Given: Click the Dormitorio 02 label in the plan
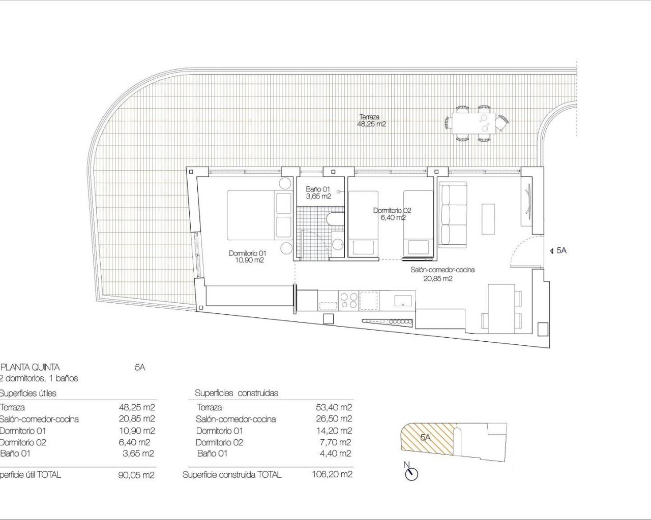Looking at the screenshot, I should (392, 214).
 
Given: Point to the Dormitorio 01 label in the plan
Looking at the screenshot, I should (247, 256).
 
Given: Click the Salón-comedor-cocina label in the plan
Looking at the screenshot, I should (442, 274).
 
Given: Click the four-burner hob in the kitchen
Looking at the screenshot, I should (348, 300).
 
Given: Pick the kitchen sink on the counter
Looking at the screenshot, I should (403, 300).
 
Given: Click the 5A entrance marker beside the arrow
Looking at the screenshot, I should (561, 250).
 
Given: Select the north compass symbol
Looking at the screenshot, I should (410, 473).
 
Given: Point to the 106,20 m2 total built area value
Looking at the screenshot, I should (332, 475).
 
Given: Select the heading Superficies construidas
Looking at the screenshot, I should (236, 393).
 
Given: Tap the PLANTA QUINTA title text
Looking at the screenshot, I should (31, 367).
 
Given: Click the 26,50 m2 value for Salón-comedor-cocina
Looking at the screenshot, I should (334, 419).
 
